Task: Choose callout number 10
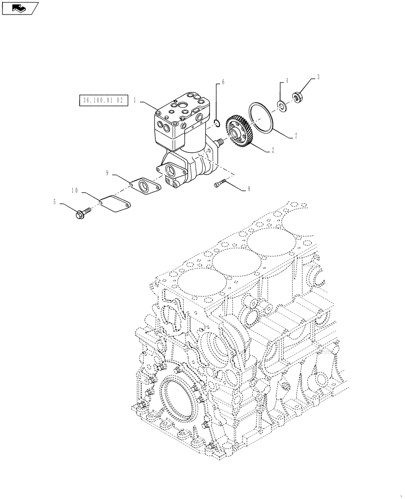75,190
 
